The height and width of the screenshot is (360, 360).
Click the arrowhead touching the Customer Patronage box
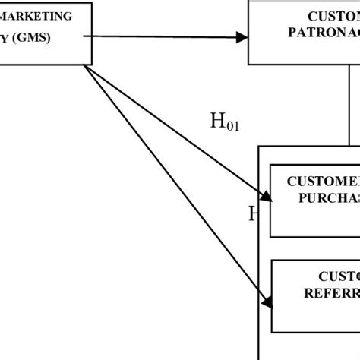[242, 37]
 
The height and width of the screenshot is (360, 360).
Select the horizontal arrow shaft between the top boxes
[167, 36]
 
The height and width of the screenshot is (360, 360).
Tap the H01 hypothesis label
[224, 122]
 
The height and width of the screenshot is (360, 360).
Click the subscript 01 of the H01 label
[232, 127]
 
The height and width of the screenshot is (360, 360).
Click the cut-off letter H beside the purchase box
[254, 214]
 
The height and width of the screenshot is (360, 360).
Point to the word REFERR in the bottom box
[326, 293]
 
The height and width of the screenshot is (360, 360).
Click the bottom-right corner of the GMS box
[92, 65]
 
